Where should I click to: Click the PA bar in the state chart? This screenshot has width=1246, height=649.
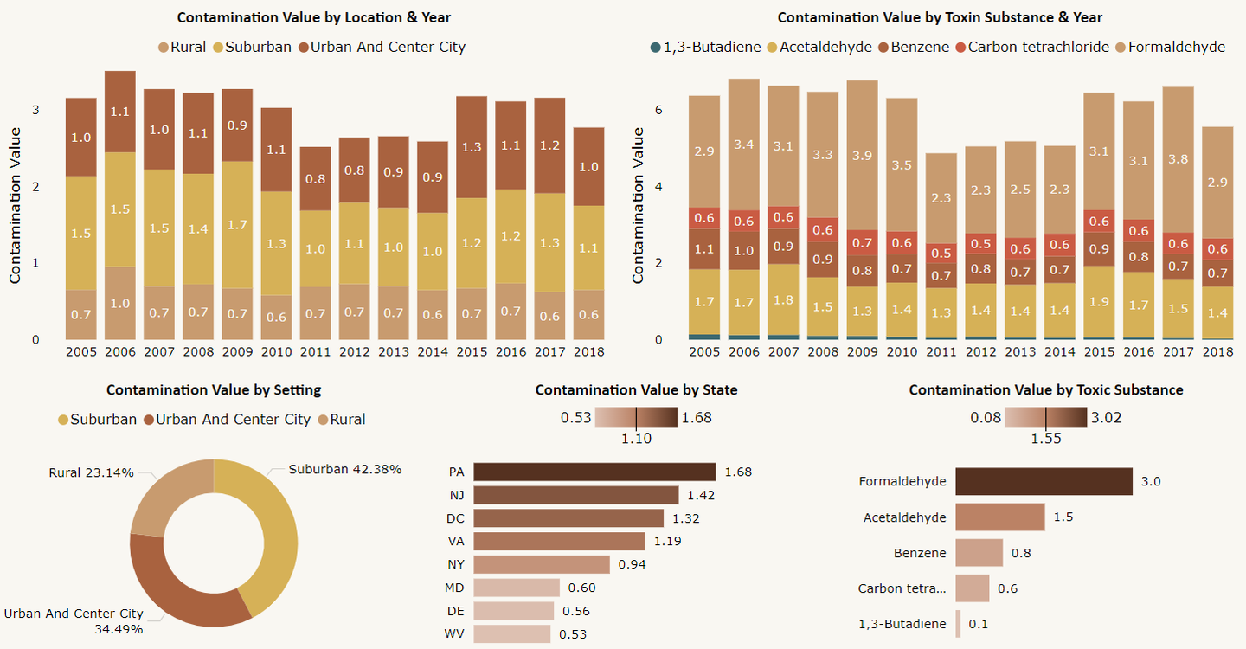[x=594, y=472]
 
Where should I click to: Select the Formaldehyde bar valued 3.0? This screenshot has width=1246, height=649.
[x=1044, y=481]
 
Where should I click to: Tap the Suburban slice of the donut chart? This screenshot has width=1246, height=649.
[x=273, y=537]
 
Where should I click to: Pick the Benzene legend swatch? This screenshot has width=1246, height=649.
[x=883, y=47]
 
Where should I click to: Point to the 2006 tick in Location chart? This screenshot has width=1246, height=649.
[x=120, y=352]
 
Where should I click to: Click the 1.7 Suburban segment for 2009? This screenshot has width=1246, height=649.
[x=237, y=225]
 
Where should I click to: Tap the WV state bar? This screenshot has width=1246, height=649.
[x=511, y=634]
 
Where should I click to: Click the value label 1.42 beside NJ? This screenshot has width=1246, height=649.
[x=701, y=495]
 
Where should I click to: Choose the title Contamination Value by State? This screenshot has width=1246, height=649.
[x=636, y=390]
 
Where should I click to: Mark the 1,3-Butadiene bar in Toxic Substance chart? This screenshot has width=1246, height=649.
[x=958, y=624]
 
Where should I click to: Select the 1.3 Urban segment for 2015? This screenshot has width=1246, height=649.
[x=472, y=147]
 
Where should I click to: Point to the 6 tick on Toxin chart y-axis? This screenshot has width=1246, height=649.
[x=658, y=110]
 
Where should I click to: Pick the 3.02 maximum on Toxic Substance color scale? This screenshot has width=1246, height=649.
[x=1107, y=418]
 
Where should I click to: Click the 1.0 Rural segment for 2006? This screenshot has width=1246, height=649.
[x=120, y=303]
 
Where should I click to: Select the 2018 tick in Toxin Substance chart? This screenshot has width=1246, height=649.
[x=1217, y=352]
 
